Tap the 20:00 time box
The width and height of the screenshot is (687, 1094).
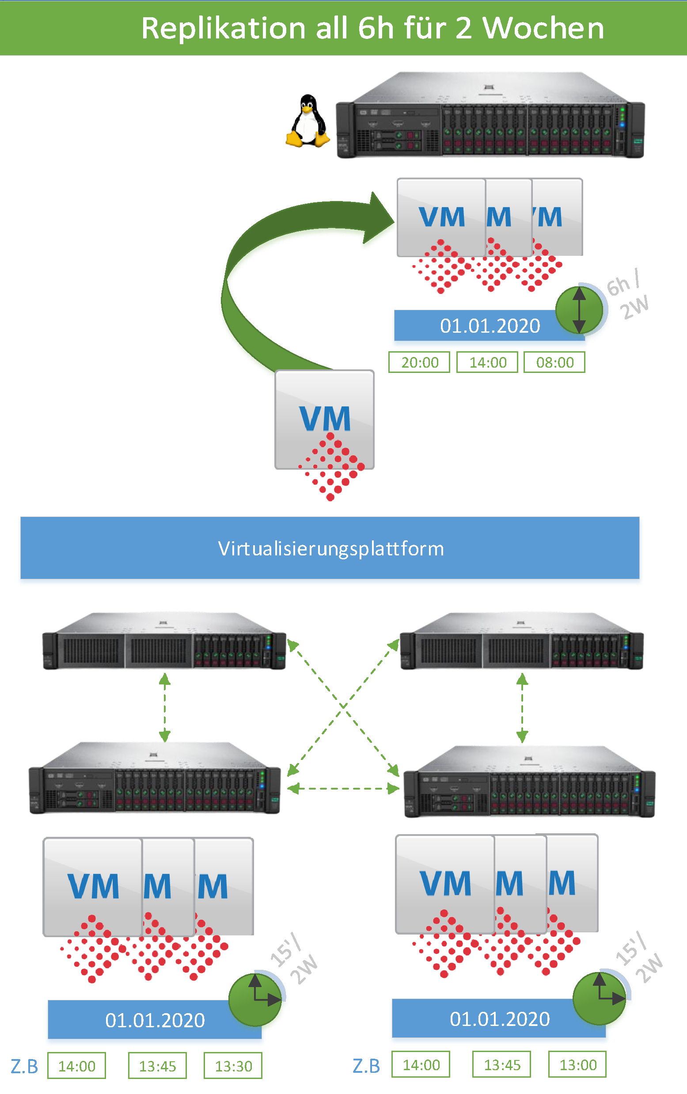(419, 363)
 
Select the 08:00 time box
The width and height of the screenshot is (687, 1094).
(554, 363)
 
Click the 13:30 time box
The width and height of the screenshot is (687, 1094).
(233, 1066)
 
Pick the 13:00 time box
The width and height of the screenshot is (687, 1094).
(577, 1064)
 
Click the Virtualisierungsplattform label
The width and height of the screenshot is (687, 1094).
(330, 548)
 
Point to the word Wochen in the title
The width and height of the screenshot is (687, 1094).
(543, 28)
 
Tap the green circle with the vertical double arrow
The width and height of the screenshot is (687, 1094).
(579, 310)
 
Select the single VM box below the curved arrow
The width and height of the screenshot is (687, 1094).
(324, 419)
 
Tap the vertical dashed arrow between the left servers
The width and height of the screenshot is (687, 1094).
(164, 708)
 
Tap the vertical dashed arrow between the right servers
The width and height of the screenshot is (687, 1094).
(522, 708)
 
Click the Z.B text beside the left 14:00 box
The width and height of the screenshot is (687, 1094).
(24, 1066)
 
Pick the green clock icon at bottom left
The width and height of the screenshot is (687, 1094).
(255, 999)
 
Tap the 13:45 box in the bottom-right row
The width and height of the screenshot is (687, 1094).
(501, 1064)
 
